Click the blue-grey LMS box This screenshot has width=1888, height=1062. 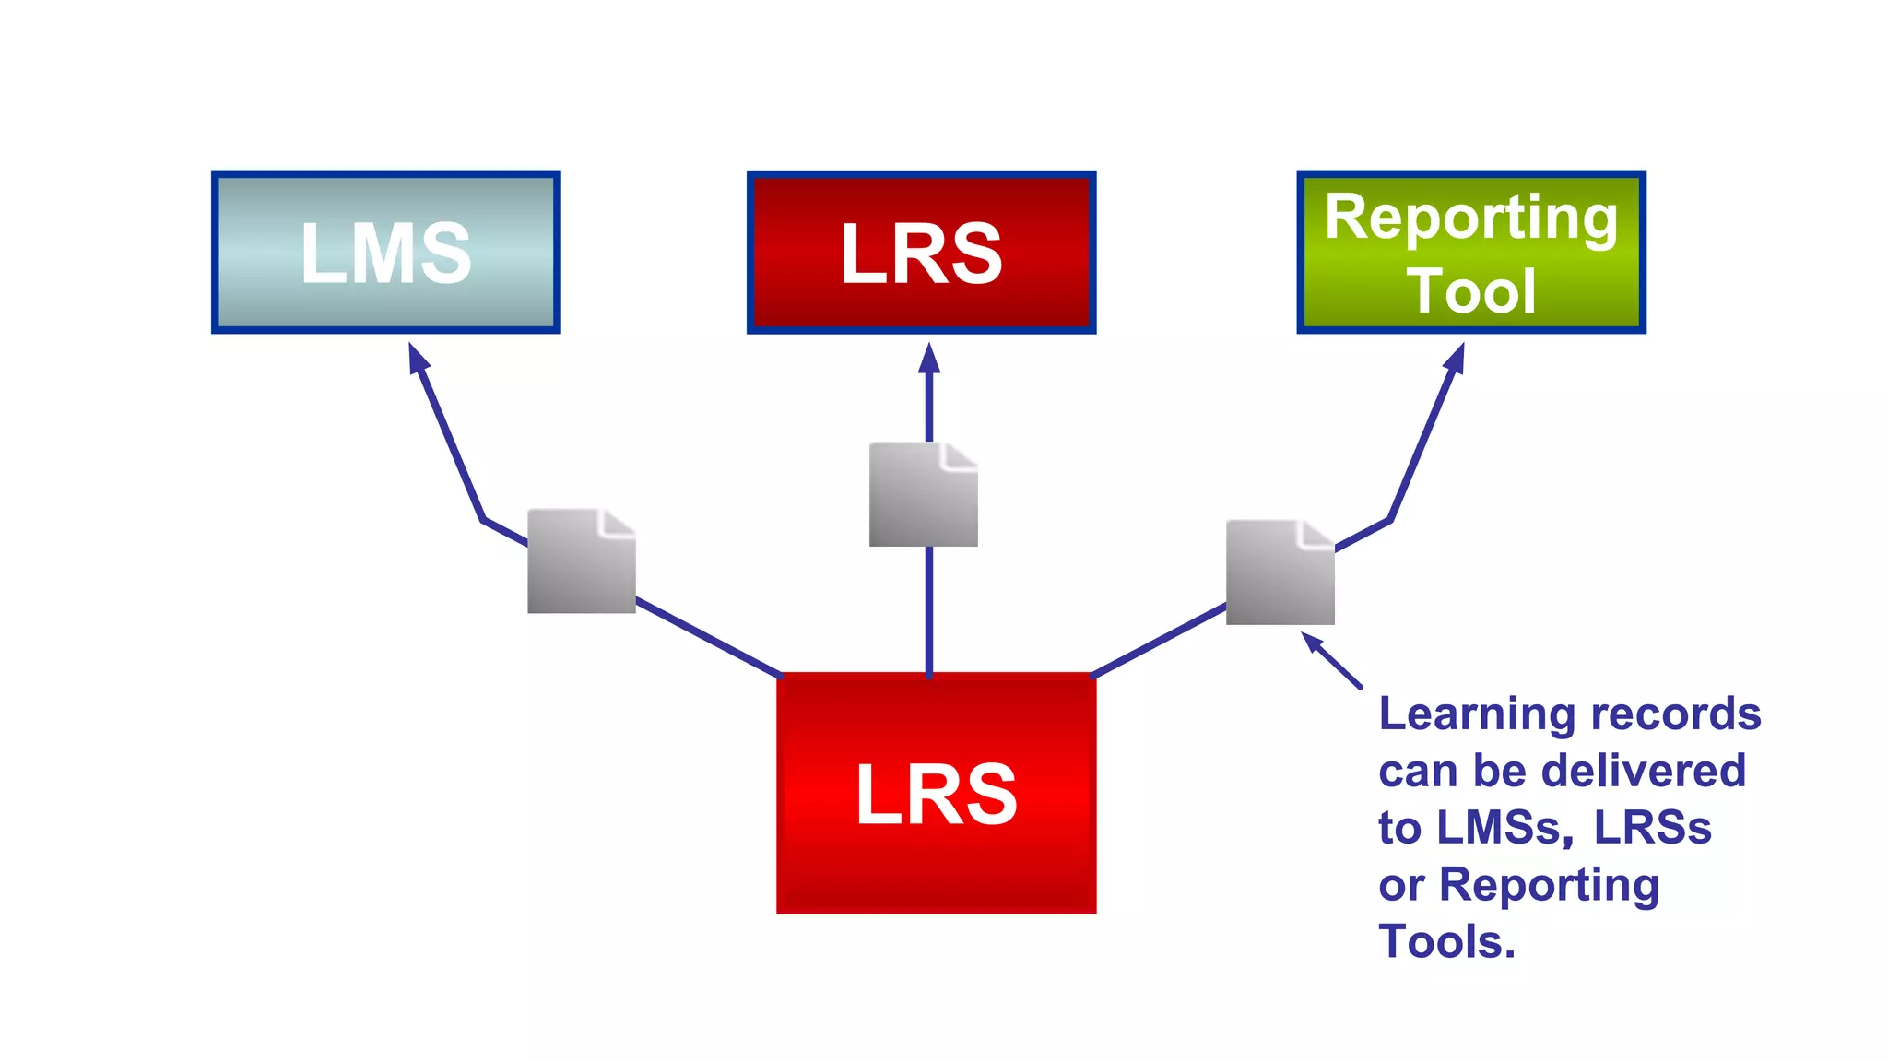pyautogui.click(x=385, y=252)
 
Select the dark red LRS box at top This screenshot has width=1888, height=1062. pyautogui.click(x=921, y=252)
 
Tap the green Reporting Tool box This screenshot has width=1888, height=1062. pyautogui.click(x=1471, y=252)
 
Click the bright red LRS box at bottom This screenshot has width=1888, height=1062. pyautogui.click(x=936, y=793)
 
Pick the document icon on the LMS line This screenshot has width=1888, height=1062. pyautogui.click(x=581, y=560)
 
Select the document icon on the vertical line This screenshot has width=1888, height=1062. pyautogui.click(x=923, y=494)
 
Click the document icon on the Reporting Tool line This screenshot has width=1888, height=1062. pyautogui.click(x=1280, y=572)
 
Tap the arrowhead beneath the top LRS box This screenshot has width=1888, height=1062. pyautogui.click(x=929, y=358)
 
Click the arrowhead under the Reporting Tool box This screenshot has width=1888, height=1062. pyautogui.click(x=1456, y=358)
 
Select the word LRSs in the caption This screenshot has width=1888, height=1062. pyautogui.click(x=1652, y=828)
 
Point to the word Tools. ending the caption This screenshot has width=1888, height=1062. pyautogui.click(x=1446, y=942)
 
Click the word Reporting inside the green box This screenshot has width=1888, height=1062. pyautogui.click(x=1471, y=218)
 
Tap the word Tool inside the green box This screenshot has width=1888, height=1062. pyautogui.click(x=1471, y=290)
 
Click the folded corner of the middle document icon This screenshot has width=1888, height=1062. pyautogui.click(x=961, y=455)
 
